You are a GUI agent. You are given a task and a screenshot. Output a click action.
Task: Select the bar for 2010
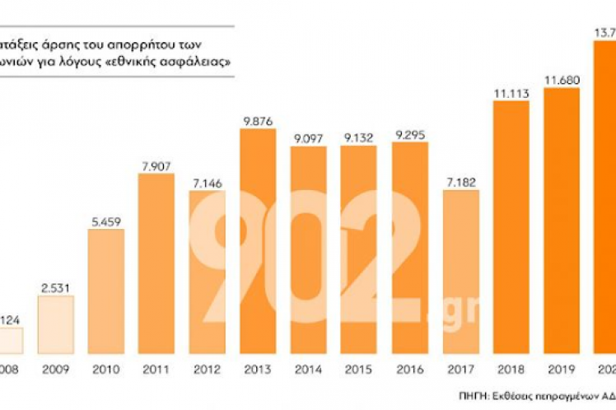click(x=106, y=291)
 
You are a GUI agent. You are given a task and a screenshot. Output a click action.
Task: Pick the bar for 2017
click(x=460, y=272)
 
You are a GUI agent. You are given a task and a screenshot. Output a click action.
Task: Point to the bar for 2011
click(x=156, y=263)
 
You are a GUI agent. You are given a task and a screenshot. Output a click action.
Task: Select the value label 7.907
click(x=156, y=166)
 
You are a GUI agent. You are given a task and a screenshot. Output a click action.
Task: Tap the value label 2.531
click(x=56, y=287)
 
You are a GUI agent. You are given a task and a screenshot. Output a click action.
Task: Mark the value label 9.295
click(x=409, y=135)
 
